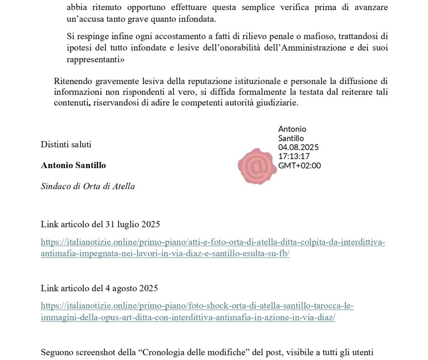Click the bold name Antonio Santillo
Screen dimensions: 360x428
click(x=73, y=165)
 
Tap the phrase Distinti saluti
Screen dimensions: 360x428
click(x=66, y=145)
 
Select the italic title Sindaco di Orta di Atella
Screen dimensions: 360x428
click(x=88, y=186)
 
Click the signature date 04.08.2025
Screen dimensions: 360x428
click(x=298, y=147)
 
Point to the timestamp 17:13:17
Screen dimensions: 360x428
click(x=294, y=156)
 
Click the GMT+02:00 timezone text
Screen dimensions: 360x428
click(x=299, y=166)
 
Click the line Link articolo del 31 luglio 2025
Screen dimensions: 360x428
click(x=100, y=225)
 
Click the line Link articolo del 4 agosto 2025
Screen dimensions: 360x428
click(x=99, y=288)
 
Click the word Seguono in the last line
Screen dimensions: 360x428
click(x=56, y=352)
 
